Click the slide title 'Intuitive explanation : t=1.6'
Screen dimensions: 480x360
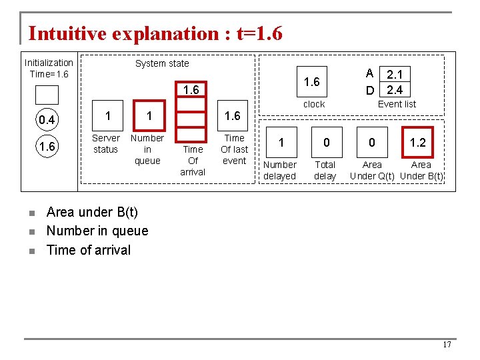point(155,33)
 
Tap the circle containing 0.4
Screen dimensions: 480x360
point(47,120)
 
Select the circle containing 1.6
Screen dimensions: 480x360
point(47,147)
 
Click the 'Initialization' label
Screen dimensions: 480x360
point(49,63)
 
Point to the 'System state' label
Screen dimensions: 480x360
point(162,63)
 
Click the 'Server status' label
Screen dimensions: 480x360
point(106,143)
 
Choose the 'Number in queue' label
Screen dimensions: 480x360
point(147,149)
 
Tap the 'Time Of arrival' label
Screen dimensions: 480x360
point(193,160)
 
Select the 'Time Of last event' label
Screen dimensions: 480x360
point(234,149)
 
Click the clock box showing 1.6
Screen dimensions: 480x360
point(312,82)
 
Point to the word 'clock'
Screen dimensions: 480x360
point(314,104)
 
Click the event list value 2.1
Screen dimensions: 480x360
point(393,74)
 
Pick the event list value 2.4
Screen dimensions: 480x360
point(393,89)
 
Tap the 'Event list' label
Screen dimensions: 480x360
point(397,104)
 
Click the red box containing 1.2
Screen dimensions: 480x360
point(418,142)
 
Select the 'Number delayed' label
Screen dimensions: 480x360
point(280,170)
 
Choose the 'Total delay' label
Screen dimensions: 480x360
point(325,170)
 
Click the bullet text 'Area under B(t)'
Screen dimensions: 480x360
point(92,212)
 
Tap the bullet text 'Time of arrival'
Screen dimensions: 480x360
point(89,250)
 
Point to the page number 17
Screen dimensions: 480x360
point(447,345)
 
